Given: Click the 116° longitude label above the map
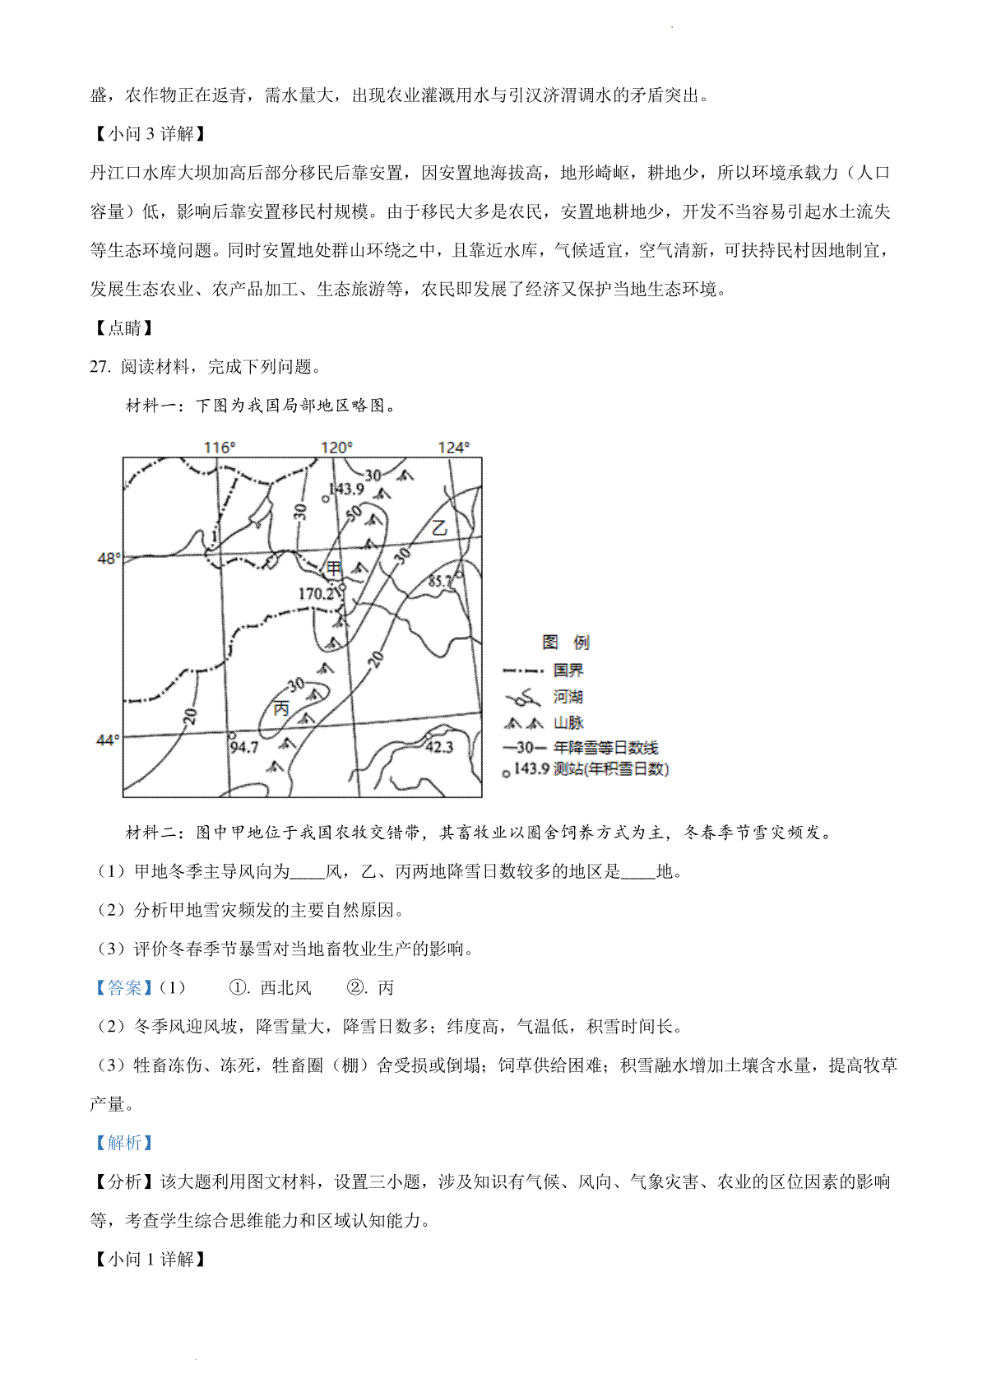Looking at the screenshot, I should [220, 448].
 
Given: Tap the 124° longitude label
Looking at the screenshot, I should [453, 448].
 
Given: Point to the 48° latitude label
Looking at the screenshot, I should [108, 559].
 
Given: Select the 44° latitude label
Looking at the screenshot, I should [108, 740].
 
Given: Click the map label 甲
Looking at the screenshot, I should [334, 569].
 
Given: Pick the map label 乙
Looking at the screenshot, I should [440, 528].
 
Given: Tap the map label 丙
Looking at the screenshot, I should [281, 708].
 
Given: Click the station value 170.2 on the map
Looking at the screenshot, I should [317, 593].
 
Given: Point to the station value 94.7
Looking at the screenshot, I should [244, 747].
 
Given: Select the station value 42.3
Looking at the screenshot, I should [439, 746].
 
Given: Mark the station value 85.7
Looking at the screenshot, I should [441, 582].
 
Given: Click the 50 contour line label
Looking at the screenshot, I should [354, 513].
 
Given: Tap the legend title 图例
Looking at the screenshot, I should [566, 643].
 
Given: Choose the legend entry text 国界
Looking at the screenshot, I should [568, 671].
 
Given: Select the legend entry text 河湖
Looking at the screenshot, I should [568, 697].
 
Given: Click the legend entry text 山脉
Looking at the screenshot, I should [568, 722].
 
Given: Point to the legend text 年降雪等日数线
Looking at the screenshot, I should [606, 748].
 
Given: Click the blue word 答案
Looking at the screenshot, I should [125, 987].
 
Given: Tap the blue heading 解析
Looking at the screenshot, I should [125, 1143].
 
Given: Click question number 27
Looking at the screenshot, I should [100, 367].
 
